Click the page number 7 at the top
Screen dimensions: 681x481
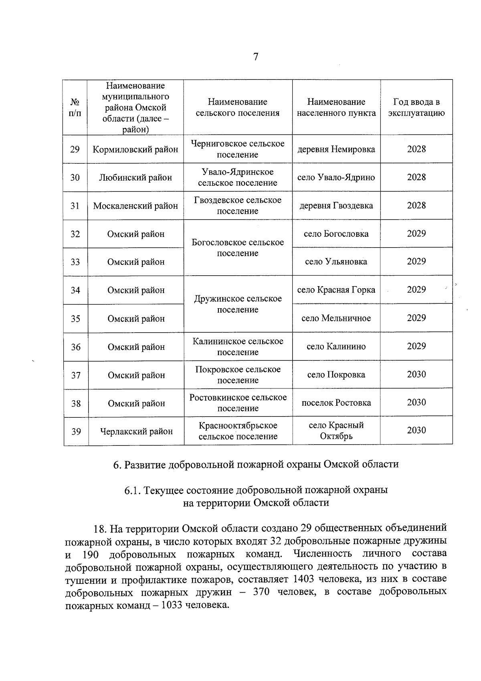(x=255, y=57)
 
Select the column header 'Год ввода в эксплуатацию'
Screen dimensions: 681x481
(x=416, y=108)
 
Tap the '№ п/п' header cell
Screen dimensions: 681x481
(x=75, y=108)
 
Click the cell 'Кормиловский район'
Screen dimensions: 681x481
(x=135, y=149)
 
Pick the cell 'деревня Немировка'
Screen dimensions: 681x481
(x=336, y=149)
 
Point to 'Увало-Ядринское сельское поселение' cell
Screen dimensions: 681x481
(x=238, y=177)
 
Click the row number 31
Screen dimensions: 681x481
(x=75, y=206)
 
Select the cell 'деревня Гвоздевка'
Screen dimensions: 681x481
(x=336, y=205)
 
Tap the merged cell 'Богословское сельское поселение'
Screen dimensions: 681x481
(x=238, y=248)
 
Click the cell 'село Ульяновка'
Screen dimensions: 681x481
(x=336, y=262)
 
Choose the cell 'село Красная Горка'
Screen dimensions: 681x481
(x=336, y=290)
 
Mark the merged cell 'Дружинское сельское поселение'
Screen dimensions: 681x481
(x=238, y=304)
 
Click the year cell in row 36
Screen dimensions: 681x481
(x=416, y=346)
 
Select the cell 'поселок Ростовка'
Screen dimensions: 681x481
(x=336, y=403)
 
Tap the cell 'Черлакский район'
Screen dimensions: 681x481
(x=136, y=431)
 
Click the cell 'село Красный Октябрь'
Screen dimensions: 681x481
(x=336, y=431)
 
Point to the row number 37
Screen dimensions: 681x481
(x=76, y=375)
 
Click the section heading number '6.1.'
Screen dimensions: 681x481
(x=132, y=490)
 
